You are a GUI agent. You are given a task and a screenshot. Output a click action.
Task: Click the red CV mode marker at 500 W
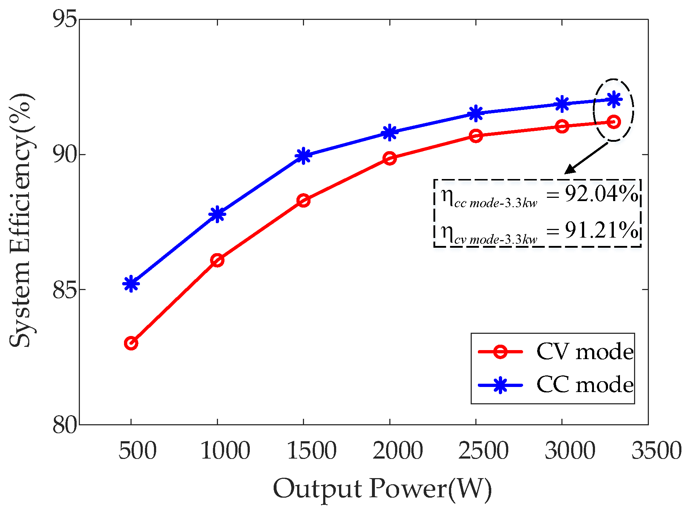[131, 343]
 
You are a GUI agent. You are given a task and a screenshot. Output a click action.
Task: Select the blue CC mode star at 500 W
[131, 284]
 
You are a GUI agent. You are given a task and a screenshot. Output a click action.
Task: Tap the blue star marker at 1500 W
[303, 156]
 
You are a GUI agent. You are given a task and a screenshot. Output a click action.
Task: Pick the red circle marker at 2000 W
[390, 158]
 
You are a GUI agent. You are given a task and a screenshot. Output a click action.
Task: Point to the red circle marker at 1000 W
[217, 260]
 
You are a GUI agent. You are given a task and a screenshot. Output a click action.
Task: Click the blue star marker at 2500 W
[476, 114]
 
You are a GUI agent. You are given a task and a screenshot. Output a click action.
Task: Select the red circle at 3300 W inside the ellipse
[613, 122]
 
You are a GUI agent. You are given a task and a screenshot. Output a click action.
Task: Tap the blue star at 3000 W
[562, 104]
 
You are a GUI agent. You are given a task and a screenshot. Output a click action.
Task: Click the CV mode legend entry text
[585, 352]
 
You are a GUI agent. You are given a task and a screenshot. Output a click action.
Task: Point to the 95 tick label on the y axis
[65, 19]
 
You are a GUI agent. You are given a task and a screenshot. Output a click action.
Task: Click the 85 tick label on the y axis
[65, 289]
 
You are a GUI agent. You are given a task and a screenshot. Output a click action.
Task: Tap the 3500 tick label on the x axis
[656, 451]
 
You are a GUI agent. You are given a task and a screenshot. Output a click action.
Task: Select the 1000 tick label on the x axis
[225, 451]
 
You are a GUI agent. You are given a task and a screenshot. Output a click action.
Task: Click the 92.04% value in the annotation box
[601, 194]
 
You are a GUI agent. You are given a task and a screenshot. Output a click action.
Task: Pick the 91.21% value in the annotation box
[601, 230]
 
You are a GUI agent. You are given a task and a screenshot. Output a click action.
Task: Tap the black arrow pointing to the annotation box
[586, 158]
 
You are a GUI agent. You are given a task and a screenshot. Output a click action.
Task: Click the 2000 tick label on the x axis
[398, 451]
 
